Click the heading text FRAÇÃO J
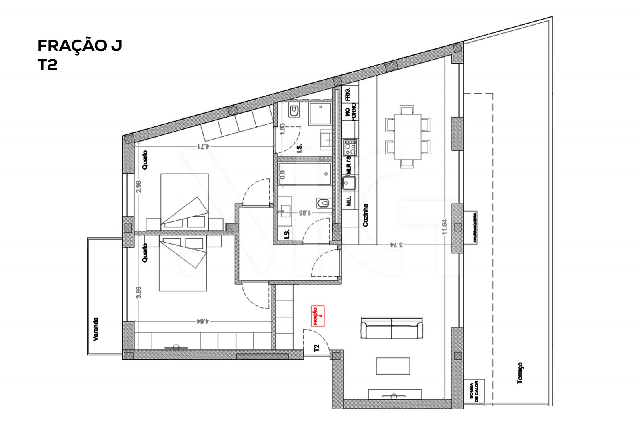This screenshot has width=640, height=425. [x=80, y=46]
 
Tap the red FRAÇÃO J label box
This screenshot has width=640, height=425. [x=317, y=316]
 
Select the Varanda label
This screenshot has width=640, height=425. [x=95, y=329]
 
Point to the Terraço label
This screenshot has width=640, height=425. [x=520, y=373]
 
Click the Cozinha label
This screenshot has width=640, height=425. [x=365, y=215]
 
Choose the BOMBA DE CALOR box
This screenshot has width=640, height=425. [x=474, y=391]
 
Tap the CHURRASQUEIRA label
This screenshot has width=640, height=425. [x=474, y=227]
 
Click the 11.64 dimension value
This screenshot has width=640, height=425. [x=445, y=227]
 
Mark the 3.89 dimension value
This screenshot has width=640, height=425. [x=139, y=292]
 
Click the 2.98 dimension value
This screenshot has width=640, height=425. [x=139, y=187]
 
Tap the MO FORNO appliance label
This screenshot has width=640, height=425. [x=350, y=112]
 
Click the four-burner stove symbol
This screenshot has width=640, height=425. [x=350, y=147]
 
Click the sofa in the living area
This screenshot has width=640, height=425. [x=392, y=328]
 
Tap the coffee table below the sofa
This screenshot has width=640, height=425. [x=393, y=366]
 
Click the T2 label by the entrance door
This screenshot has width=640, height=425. [x=317, y=348]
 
